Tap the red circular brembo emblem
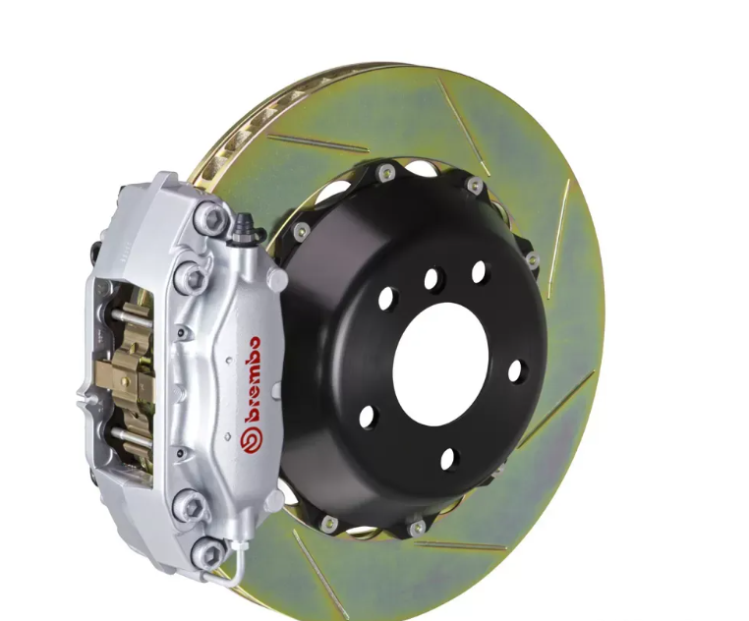point(250,440)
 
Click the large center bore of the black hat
point(440,365)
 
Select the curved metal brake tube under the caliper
point(234,566)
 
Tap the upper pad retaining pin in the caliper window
point(130,317)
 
